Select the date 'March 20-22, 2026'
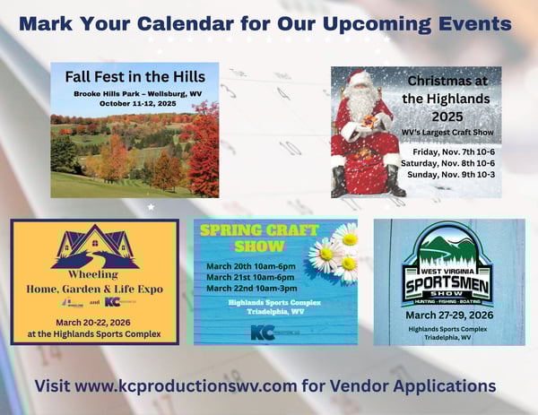click(x=95, y=323)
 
